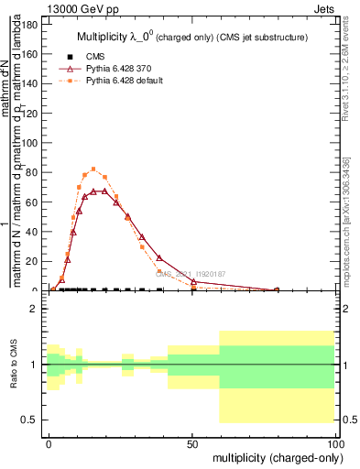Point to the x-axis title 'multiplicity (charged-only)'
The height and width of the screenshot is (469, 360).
pyautogui.click(x=272, y=457)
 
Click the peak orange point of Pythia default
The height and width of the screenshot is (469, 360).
pyautogui.click(x=93, y=169)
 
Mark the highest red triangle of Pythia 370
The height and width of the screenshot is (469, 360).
pyautogui.click(x=104, y=191)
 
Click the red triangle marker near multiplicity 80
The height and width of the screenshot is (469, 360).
pyautogui.click(x=277, y=289)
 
